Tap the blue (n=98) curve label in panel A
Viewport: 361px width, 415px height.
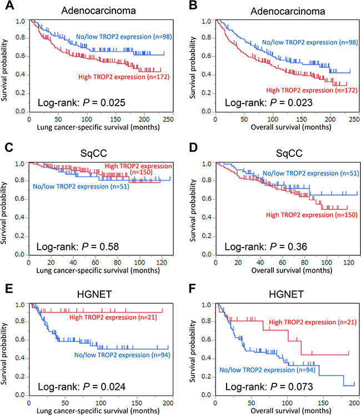point(120,37)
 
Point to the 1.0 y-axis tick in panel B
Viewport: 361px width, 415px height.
point(207,21)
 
